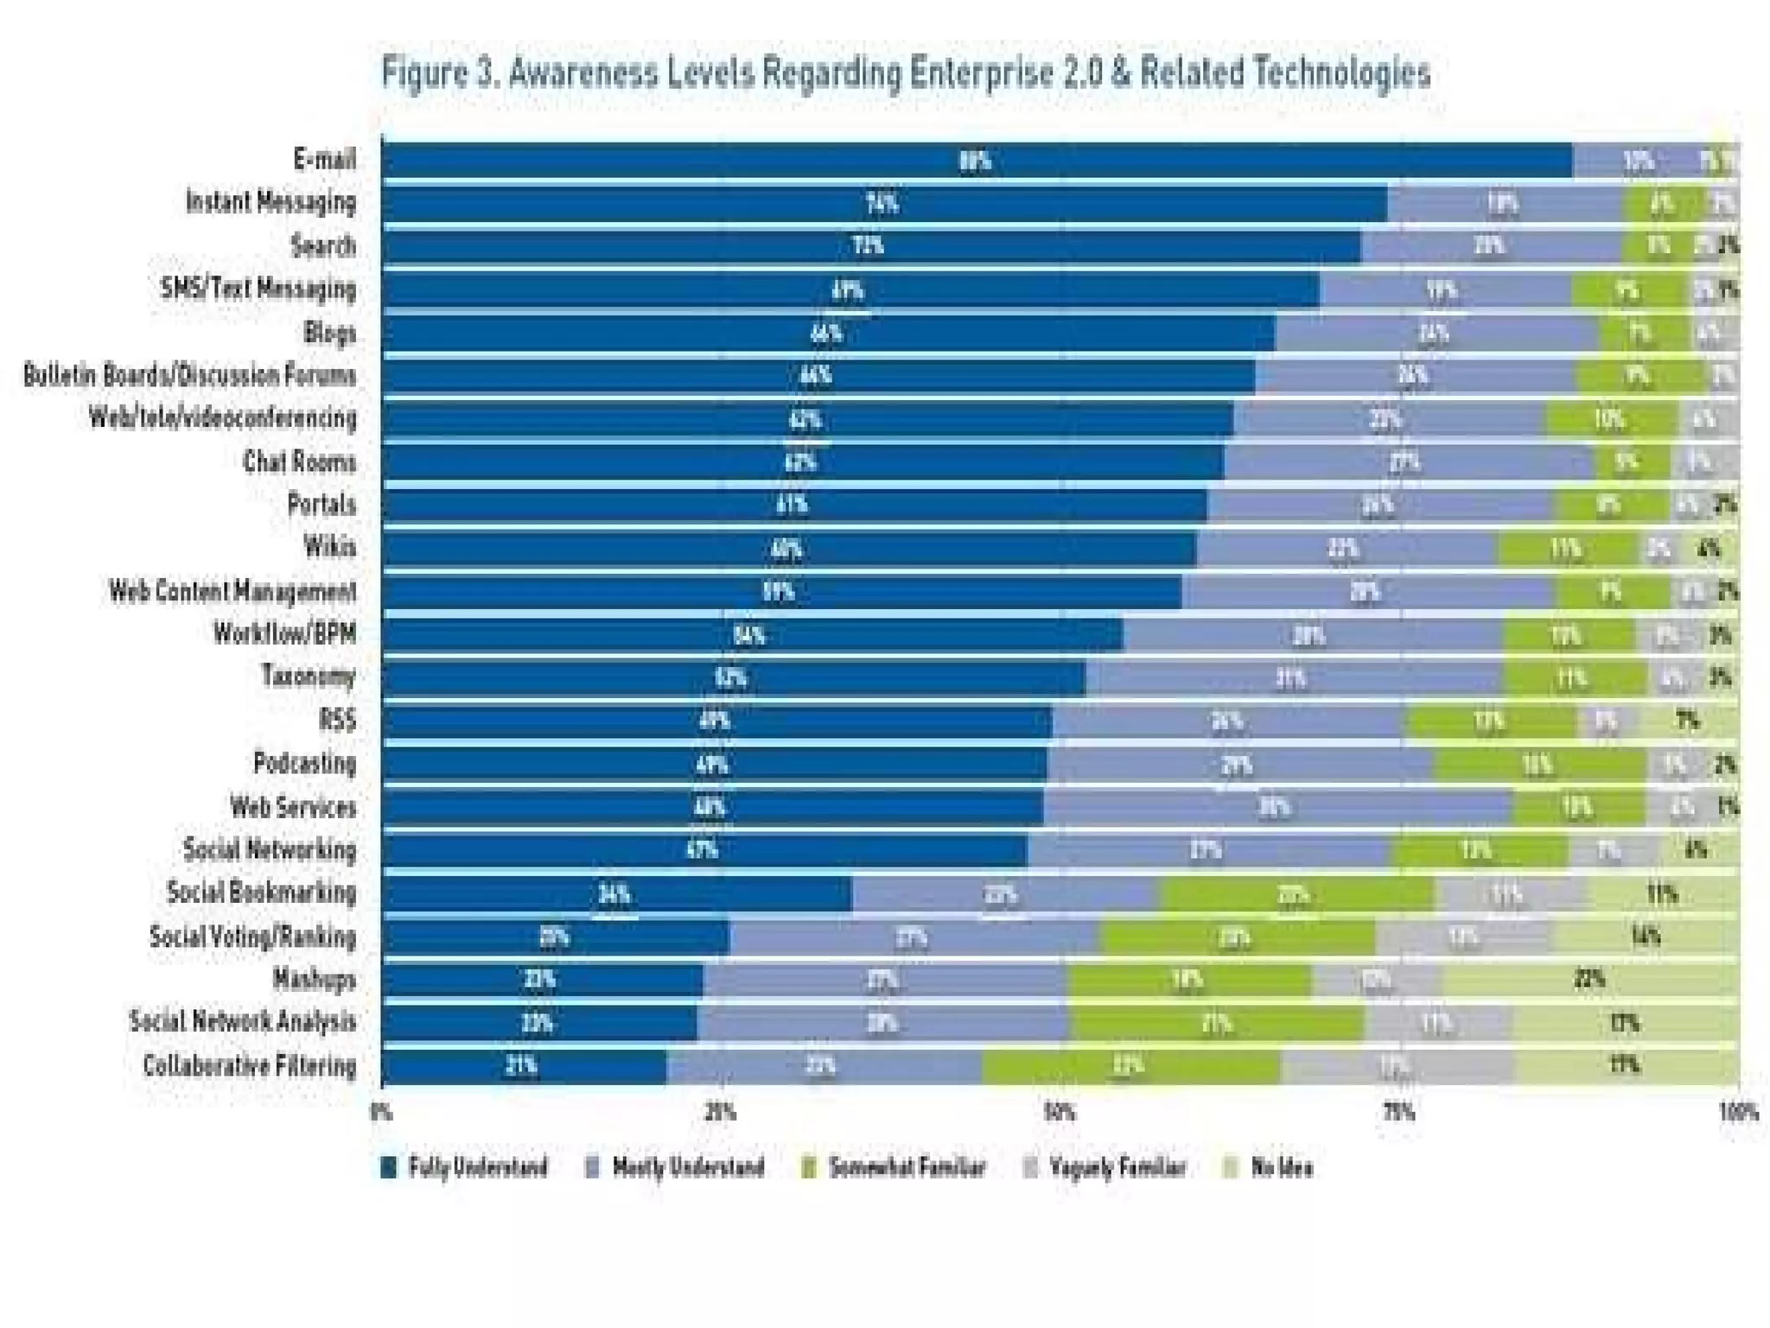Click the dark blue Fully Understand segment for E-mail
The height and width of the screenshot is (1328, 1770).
coord(977,161)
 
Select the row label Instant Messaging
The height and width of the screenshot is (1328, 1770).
coord(271,202)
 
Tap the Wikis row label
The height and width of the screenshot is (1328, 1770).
coord(329,547)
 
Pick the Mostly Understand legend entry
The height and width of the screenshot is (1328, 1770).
coord(676,1167)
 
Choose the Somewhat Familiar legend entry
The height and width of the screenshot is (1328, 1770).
coord(895,1167)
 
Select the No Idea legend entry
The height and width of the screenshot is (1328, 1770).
coord(1270,1167)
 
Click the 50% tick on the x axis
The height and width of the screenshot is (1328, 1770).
coord(1060,1112)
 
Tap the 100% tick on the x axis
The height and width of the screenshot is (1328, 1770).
coord(1738,1112)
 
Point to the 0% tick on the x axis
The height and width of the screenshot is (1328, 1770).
coord(382,1112)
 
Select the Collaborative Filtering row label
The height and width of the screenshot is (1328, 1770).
coord(250,1065)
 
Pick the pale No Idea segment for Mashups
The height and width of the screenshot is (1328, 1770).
coord(1590,980)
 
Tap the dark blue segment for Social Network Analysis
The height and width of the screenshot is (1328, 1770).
coord(538,1023)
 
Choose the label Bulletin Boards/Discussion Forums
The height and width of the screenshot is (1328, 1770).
coord(189,375)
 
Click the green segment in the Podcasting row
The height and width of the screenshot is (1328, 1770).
coord(1539,765)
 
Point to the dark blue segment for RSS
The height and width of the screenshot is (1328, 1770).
coord(716,721)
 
